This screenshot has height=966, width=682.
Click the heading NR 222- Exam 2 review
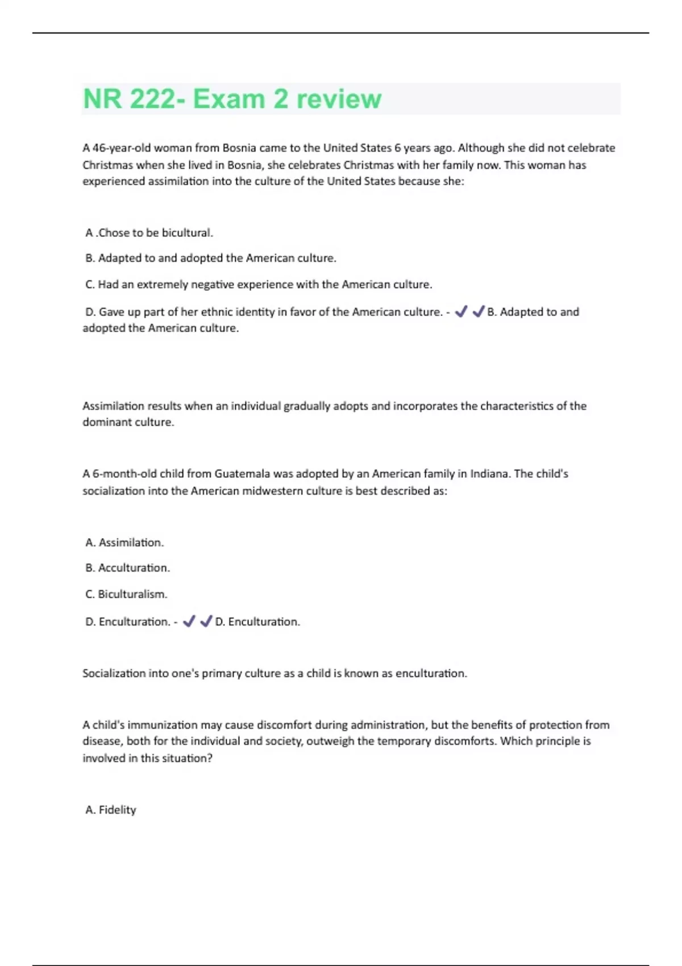click(232, 99)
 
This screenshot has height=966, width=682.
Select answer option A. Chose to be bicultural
click(149, 233)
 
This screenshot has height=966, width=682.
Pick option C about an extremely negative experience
click(259, 285)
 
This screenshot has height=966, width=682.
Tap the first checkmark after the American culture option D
click(461, 311)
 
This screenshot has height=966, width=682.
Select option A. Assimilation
click(124, 543)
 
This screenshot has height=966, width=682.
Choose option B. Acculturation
click(127, 568)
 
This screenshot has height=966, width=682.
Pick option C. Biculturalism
click(126, 594)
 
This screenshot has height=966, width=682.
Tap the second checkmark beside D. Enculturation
click(206, 621)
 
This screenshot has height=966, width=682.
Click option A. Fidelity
click(111, 810)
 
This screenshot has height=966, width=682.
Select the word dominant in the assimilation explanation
click(105, 422)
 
